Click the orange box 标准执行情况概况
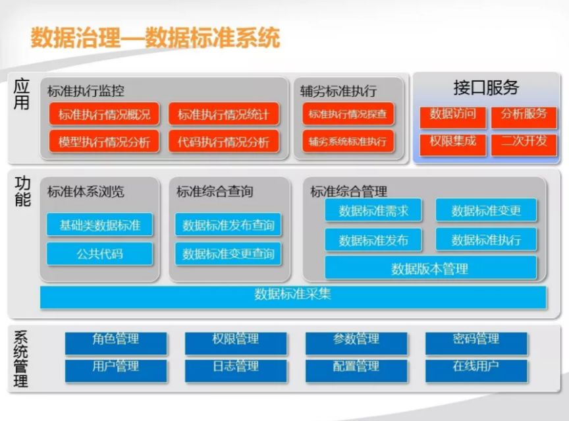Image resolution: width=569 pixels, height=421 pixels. [104, 114]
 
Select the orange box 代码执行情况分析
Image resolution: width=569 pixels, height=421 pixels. [223, 142]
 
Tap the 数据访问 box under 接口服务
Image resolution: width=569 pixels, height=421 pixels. [452, 117]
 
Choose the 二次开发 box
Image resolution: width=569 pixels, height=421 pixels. [524, 144]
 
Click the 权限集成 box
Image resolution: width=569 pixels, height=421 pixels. [452, 144]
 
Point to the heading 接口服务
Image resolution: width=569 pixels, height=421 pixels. [486, 88]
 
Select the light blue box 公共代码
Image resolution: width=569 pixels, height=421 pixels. [99, 254]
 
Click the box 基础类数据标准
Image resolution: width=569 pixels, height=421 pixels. [99, 225]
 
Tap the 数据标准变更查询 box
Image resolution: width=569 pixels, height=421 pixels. [228, 254]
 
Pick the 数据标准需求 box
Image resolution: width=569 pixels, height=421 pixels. [373, 210]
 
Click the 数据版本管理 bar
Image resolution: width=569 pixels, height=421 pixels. [431, 267]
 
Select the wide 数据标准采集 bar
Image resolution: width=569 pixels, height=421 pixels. [293, 297]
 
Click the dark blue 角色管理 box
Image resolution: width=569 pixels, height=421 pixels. [116, 343]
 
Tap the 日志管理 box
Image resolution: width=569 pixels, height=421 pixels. [236, 370]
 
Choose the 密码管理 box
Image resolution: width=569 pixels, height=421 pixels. [476, 343]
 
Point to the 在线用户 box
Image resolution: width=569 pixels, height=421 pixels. [476, 370]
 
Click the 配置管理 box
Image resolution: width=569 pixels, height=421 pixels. [356, 370]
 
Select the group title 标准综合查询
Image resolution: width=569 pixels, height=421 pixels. [215, 191]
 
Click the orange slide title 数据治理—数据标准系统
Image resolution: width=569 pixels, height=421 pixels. [155, 38]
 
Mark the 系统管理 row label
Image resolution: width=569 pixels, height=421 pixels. [20, 359]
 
